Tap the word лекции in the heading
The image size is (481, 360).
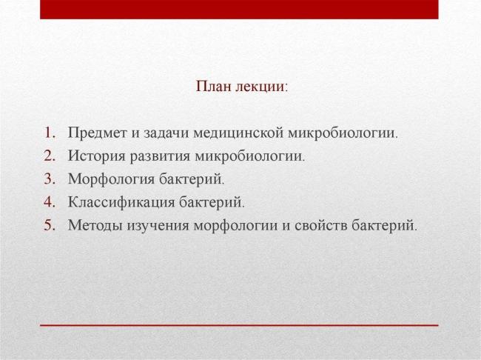pos(260,86)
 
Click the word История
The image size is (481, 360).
pos(93,156)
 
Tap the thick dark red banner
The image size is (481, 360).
pos(238,9)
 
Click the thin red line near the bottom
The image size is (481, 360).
pos(238,325)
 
